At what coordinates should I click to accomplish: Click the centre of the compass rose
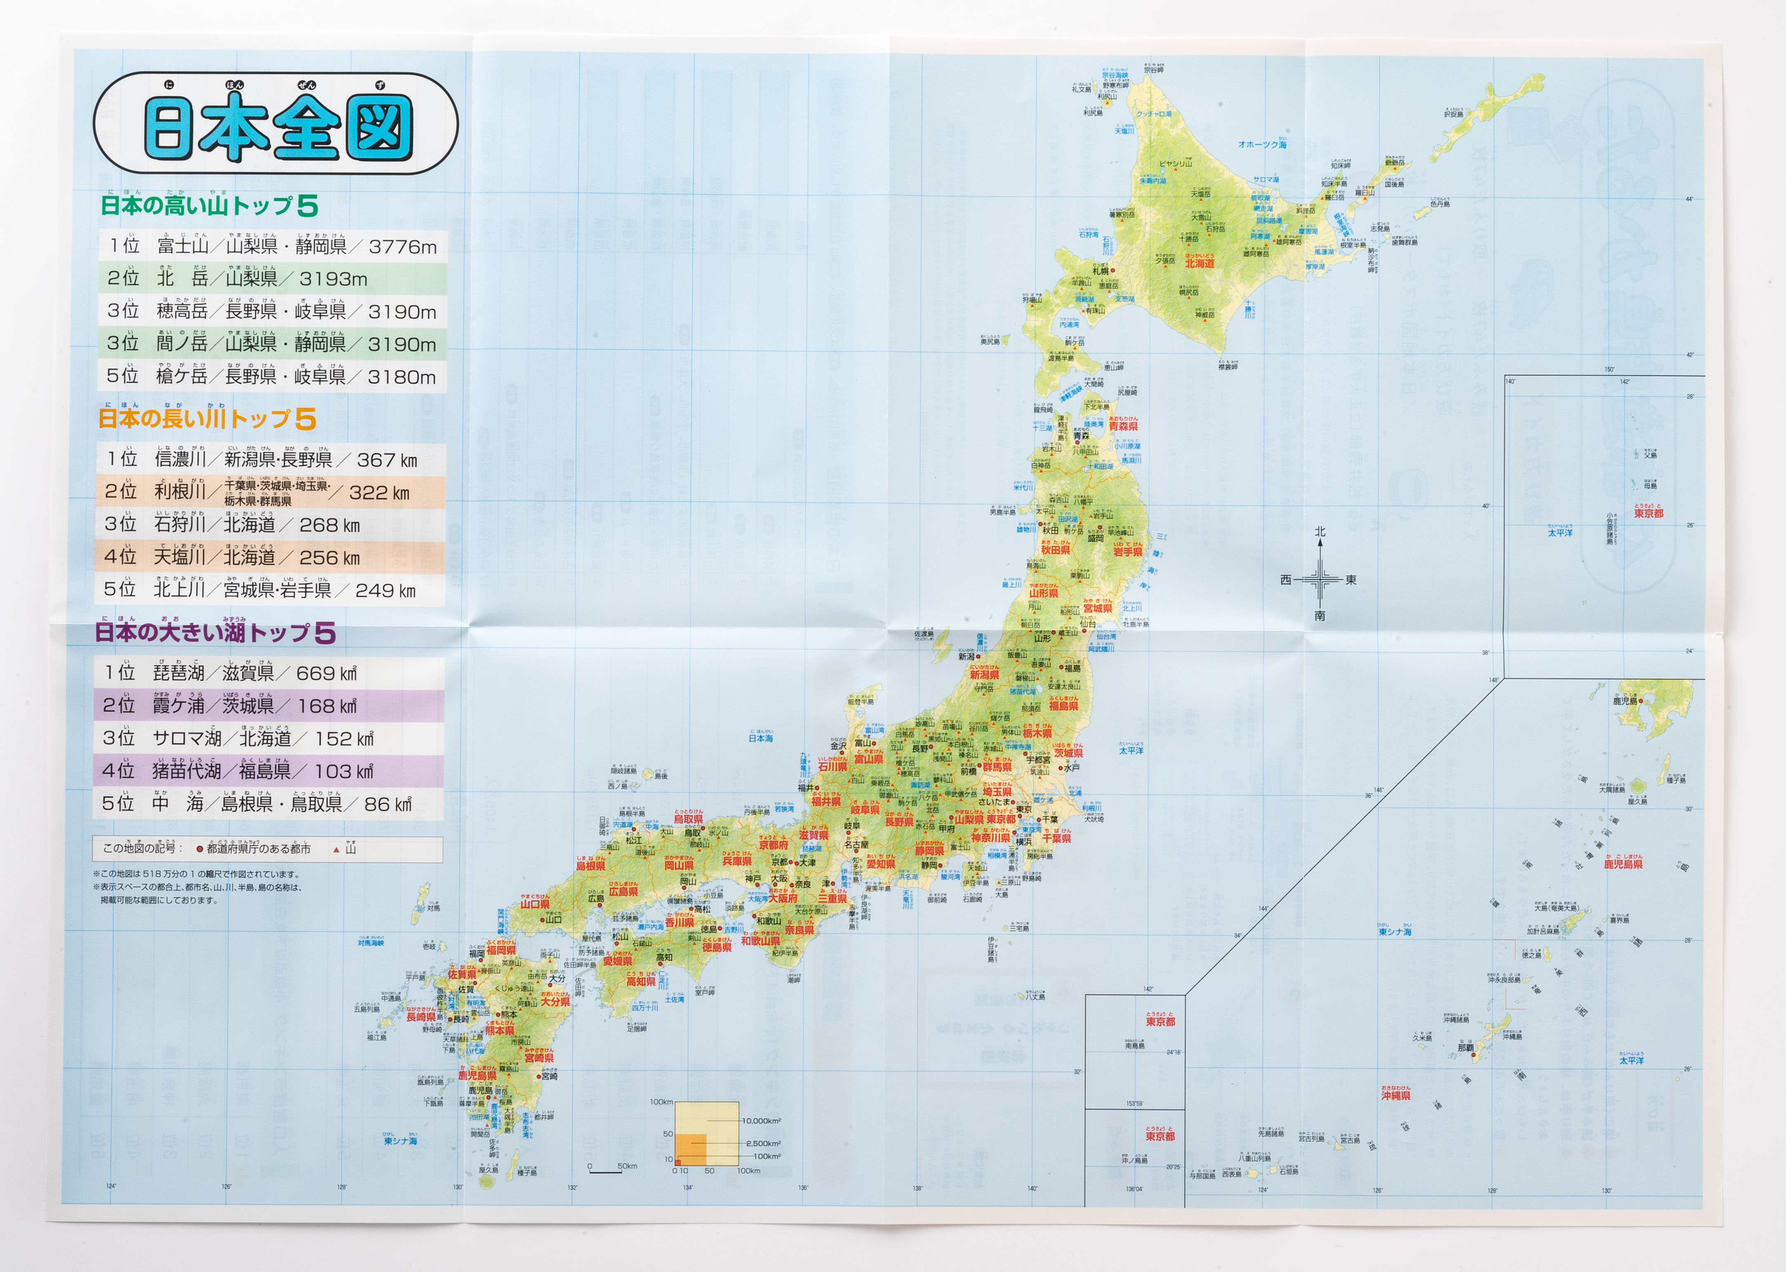(1320, 580)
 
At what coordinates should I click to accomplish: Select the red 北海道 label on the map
(1199, 264)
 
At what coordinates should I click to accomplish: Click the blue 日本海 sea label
(760, 739)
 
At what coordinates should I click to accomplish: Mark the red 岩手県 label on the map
(1128, 552)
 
